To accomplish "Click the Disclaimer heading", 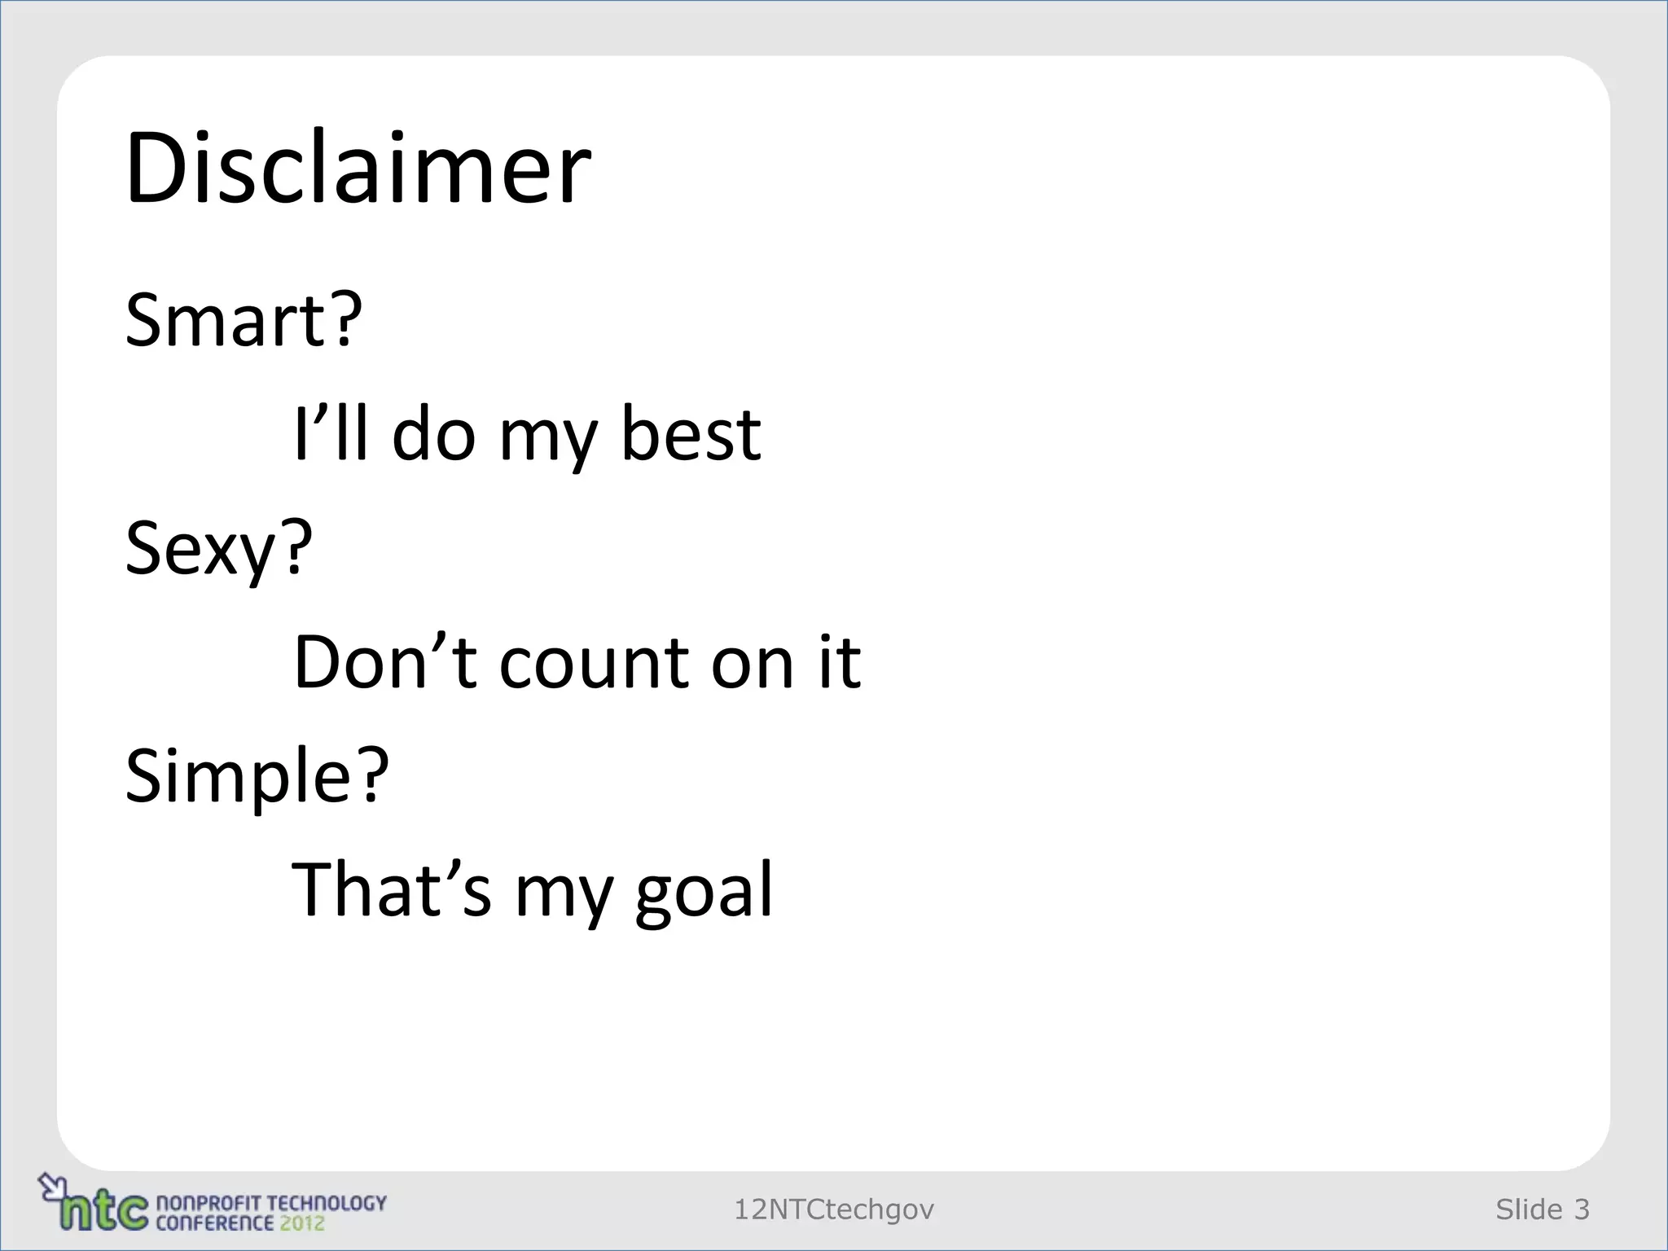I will [358, 169].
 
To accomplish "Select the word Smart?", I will [243, 319].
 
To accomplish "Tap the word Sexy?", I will [218, 549].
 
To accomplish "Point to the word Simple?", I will [257, 776].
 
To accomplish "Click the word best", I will [691, 434].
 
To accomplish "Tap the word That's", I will [392, 889].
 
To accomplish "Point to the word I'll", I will [331, 433].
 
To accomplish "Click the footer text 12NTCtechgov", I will [834, 1209].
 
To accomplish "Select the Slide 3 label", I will [1542, 1209].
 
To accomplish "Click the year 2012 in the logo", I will [301, 1223].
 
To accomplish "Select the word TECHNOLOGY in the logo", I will [326, 1203].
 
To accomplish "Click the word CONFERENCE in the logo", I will [214, 1223].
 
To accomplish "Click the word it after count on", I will [840, 662].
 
